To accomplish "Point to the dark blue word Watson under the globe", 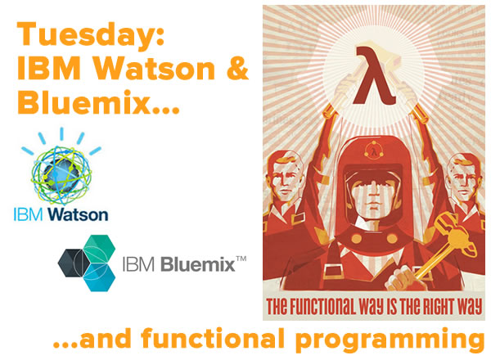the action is click(x=78, y=214).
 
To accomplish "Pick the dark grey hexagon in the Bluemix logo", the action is click(x=74, y=263).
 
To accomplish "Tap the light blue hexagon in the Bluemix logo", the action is click(x=100, y=277).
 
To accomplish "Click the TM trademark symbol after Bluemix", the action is click(x=241, y=259).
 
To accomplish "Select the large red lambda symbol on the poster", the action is click(x=374, y=74).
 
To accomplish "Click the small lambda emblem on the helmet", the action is click(x=374, y=151).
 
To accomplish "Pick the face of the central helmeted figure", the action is click(x=372, y=193).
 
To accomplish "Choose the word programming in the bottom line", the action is click(x=390, y=340).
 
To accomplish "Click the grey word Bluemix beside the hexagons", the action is click(x=197, y=264).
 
